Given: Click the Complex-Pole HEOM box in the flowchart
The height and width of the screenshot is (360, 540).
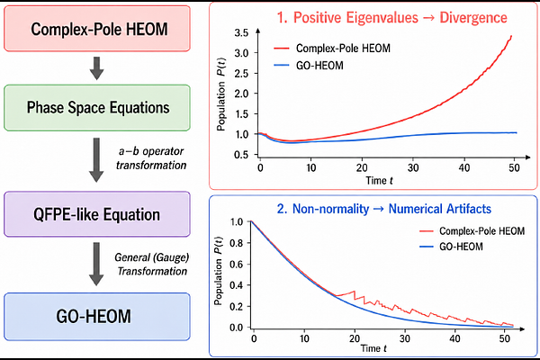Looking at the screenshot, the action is point(97,29).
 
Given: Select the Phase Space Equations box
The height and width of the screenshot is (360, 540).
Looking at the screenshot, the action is point(97,107).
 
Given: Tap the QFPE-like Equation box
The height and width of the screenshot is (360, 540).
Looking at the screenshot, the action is point(97,214).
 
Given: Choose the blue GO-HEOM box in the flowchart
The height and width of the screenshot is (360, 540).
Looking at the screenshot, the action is point(97,317).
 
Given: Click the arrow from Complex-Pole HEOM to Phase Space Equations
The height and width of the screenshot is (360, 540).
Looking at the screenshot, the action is point(97,68).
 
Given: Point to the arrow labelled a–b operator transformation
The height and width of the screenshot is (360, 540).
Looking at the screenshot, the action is point(96,160).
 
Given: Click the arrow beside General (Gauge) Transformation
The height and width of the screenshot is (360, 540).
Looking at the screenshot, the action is point(96,264).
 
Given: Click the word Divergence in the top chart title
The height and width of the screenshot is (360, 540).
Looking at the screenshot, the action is point(473,18).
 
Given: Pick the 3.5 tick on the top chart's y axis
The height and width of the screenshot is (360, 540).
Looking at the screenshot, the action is point(241,33).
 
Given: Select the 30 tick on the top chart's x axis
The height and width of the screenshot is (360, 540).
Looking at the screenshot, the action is point(413,167).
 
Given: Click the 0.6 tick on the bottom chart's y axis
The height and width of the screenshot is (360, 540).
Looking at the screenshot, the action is point(237,265).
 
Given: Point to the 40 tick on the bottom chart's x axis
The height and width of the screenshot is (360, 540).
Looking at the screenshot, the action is point(454,338).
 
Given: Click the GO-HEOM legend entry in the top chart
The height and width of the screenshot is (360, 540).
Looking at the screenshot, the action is point(309,66).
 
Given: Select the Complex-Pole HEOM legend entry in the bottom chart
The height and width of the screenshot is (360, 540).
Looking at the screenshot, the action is point(472,230).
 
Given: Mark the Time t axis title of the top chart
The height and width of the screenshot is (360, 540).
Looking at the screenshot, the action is point(379,181).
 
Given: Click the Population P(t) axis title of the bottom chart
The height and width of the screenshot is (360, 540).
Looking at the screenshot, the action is point(219,271).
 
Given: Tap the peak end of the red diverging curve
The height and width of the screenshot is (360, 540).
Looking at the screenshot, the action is point(511,36).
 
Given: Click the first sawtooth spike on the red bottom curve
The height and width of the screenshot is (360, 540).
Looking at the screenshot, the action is point(355,292).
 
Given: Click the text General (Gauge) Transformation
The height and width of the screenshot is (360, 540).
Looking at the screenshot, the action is point(151,265).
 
